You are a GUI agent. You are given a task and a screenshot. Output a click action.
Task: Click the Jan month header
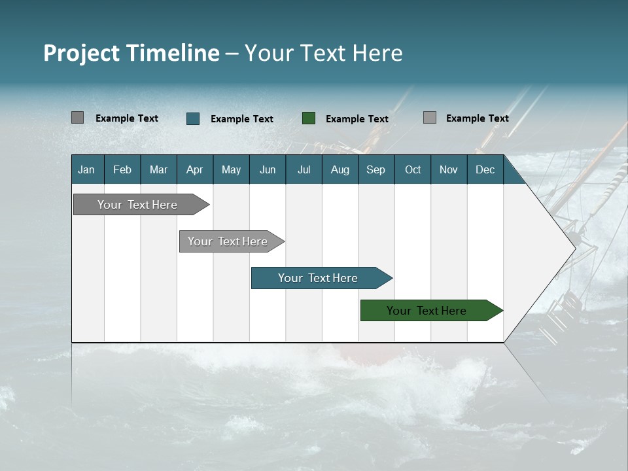pos(86,169)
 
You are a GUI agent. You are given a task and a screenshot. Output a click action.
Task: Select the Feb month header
pos(122,169)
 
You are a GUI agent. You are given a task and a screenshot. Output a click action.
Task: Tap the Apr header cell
pos(194,169)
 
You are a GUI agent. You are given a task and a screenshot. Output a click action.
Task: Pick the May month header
pos(231,169)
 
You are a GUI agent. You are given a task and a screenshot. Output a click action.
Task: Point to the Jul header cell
pos(304,169)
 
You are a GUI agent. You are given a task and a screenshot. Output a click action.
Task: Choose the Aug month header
pos(340,169)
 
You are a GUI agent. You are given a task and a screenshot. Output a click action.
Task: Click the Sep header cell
pos(375,169)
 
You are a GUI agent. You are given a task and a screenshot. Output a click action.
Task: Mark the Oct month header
pos(413,169)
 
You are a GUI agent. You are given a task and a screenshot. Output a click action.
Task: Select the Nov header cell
pos(448,169)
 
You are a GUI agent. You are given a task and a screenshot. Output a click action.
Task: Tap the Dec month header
pos(485,169)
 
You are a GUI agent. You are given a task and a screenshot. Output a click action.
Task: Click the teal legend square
pos(193,118)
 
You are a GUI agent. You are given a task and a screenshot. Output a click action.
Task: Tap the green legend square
pos(309,118)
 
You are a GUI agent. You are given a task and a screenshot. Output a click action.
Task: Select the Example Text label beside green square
pos(357,119)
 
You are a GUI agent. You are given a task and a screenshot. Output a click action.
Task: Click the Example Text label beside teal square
pos(242,119)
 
